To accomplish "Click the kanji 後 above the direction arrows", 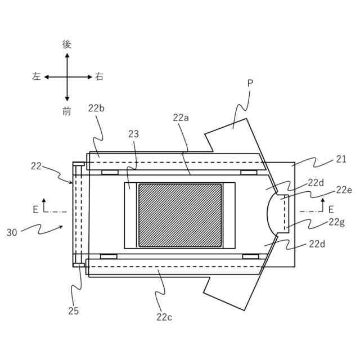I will [x=67, y=44].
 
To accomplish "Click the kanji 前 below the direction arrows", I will [x=67, y=111].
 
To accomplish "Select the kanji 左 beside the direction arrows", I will [x=37, y=77].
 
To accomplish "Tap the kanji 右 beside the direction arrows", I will [x=99, y=77].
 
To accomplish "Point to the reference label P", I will [x=250, y=84].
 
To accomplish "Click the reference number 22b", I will [x=97, y=108].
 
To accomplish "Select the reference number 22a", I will [x=181, y=118].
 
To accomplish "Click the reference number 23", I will [x=133, y=134].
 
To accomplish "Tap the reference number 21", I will [x=341, y=159].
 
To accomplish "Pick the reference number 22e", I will [x=344, y=190].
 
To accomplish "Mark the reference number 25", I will [x=74, y=310].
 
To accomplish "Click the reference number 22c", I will [x=164, y=317].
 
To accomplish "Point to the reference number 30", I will [x=12, y=231].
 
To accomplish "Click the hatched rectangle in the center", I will [x=179, y=215].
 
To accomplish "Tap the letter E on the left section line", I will [x=35, y=209].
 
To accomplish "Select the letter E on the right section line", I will [x=331, y=209].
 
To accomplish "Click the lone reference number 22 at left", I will [x=36, y=166].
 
